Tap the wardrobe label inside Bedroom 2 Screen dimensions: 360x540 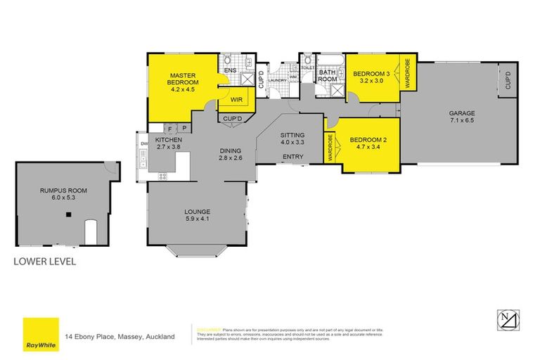pos(330,148)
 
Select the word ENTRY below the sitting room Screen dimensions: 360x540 pos(292,157)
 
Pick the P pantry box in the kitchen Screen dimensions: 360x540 pos(183,129)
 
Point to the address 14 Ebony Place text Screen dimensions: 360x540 pos(120,337)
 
